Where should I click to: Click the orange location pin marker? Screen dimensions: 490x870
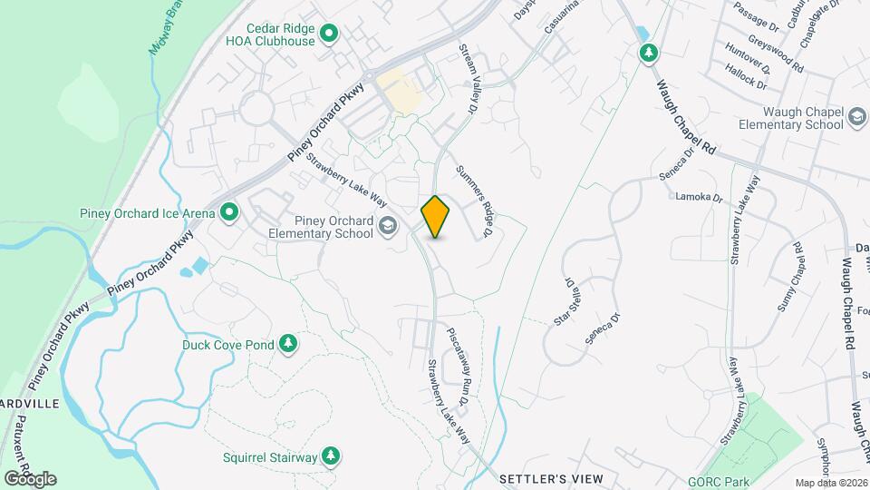[x=436, y=217]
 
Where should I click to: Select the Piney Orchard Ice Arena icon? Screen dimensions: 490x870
[x=230, y=213]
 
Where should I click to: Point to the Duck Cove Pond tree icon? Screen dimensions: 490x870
[x=288, y=343]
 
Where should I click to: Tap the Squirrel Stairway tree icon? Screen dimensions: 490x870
[x=331, y=456]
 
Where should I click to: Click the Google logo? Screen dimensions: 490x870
[x=29, y=478]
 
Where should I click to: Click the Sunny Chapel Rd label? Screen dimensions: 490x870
[x=788, y=277]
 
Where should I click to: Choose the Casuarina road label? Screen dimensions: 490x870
[x=561, y=18]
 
